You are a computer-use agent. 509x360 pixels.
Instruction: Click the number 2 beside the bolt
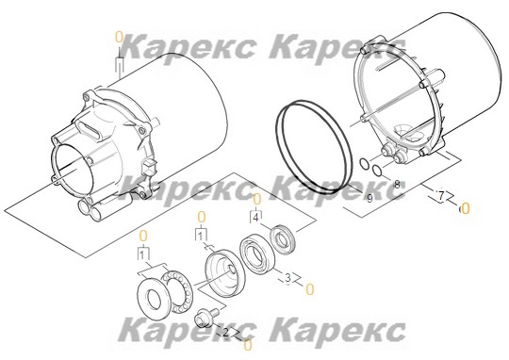click(x=225, y=333)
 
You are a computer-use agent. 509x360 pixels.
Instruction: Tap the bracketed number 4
click(x=255, y=217)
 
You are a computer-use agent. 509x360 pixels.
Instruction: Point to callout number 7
click(x=439, y=195)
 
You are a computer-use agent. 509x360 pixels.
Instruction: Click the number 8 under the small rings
click(x=397, y=184)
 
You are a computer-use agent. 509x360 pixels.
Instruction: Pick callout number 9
click(x=369, y=198)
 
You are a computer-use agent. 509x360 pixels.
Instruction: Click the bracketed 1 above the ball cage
click(x=142, y=254)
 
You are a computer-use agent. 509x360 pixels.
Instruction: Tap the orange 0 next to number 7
click(x=465, y=205)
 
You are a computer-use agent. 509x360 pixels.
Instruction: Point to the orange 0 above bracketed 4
click(x=255, y=198)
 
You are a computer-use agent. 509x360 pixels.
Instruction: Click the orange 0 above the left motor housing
click(x=119, y=36)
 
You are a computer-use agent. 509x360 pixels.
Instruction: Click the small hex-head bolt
click(x=204, y=320)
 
